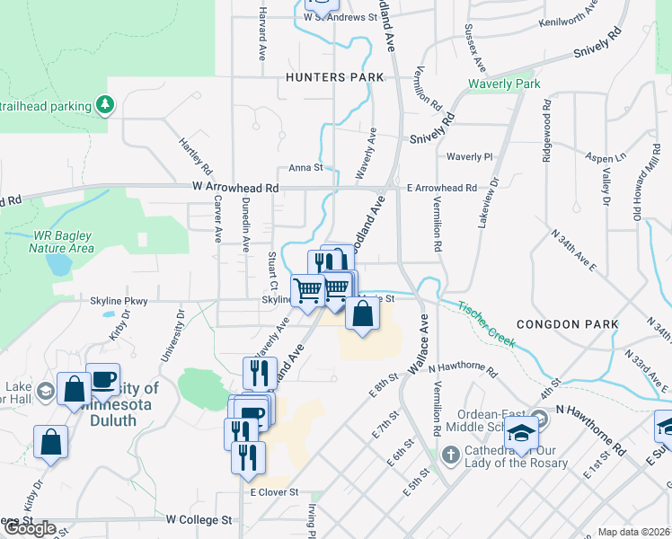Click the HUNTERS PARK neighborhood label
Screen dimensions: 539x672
tap(328, 77)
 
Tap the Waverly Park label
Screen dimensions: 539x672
tap(504, 84)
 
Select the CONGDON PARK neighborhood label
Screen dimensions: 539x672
tap(568, 323)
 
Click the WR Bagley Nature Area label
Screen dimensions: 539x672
tap(63, 242)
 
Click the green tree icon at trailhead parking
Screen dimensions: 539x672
tap(106, 105)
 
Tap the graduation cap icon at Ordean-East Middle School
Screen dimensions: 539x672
tap(520, 432)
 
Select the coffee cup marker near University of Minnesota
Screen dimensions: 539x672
tap(103, 379)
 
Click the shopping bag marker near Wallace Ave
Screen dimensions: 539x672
tap(362, 314)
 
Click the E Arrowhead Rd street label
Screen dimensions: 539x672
tap(441, 188)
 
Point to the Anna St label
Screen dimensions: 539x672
tap(305, 168)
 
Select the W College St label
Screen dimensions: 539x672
tap(199, 520)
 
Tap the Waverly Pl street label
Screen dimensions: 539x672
tap(470, 156)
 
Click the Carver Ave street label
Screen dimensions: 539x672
tap(217, 221)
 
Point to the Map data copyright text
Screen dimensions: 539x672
tap(633, 532)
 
